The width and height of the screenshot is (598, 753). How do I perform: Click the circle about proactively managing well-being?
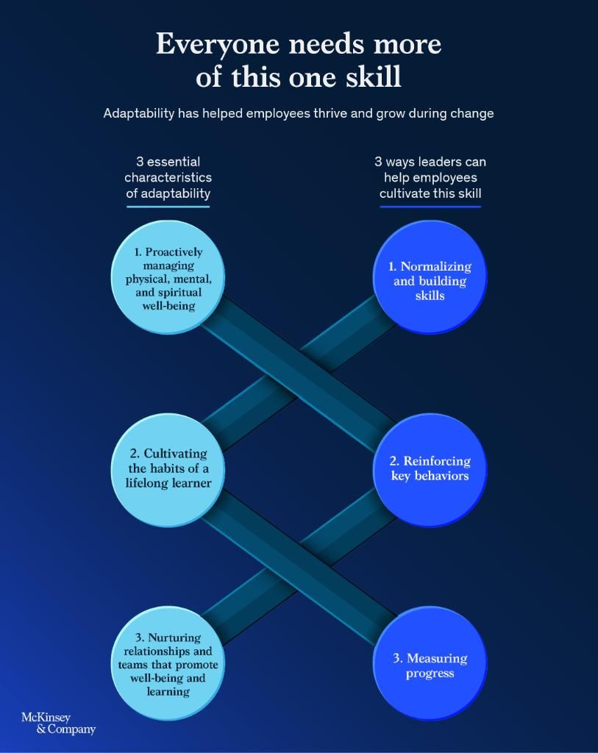pyautogui.click(x=168, y=277)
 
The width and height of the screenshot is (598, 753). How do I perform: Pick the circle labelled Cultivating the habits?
pyautogui.click(x=168, y=469)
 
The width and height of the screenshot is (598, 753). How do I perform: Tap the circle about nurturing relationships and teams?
pyautogui.click(x=168, y=664)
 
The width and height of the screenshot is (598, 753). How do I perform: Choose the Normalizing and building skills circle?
pyautogui.click(x=430, y=277)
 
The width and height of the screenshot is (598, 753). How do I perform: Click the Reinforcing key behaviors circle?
pyautogui.click(x=430, y=469)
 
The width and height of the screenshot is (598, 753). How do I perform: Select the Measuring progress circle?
pyautogui.click(x=430, y=664)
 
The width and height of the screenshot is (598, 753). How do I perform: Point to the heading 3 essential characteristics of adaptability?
pyautogui.click(x=168, y=177)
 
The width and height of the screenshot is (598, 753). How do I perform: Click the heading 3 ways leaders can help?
pyautogui.click(x=430, y=177)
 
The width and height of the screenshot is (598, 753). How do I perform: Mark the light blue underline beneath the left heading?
pyautogui.click(x=168, y=207)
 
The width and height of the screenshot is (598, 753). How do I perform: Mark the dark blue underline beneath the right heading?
pyautogui.click(x=430, y=207)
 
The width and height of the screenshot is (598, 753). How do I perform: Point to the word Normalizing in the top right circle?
pyautogui.click(x=436, y=266)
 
